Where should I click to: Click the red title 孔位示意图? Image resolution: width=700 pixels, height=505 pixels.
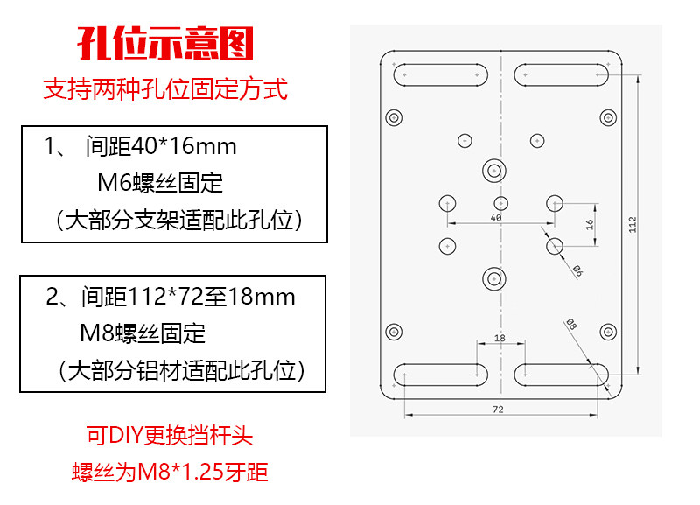[x=165, y=42]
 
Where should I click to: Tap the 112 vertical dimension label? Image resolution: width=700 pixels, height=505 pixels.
[x=633, y=225]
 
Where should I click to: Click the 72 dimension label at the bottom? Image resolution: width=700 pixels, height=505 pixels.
[x=498, y=409]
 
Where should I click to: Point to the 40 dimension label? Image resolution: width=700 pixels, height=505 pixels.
[x=496, y=217]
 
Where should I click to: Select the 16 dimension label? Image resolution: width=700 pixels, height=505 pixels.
[x=590, y=224]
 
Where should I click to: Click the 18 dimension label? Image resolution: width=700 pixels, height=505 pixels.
[x=499, y=338]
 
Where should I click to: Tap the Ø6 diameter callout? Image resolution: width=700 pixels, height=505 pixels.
[x=577, y=270]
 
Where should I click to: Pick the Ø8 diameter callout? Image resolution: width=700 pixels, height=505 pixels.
[x=571, y=324]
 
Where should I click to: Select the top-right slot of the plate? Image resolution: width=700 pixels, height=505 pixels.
[x=562, y=75]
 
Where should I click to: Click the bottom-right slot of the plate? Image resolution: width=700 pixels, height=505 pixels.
[x=562, y=375]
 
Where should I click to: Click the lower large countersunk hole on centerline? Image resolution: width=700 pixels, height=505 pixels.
[x=494, y=279]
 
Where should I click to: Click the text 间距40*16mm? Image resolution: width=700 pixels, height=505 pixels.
[x=161, y=145]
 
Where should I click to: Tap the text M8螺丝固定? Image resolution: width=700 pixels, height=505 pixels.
[x=143, y=333]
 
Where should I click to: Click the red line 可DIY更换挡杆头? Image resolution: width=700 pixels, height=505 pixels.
[x=169, y=435]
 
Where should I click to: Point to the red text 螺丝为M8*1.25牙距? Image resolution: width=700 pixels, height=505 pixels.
[x=169, y=473]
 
